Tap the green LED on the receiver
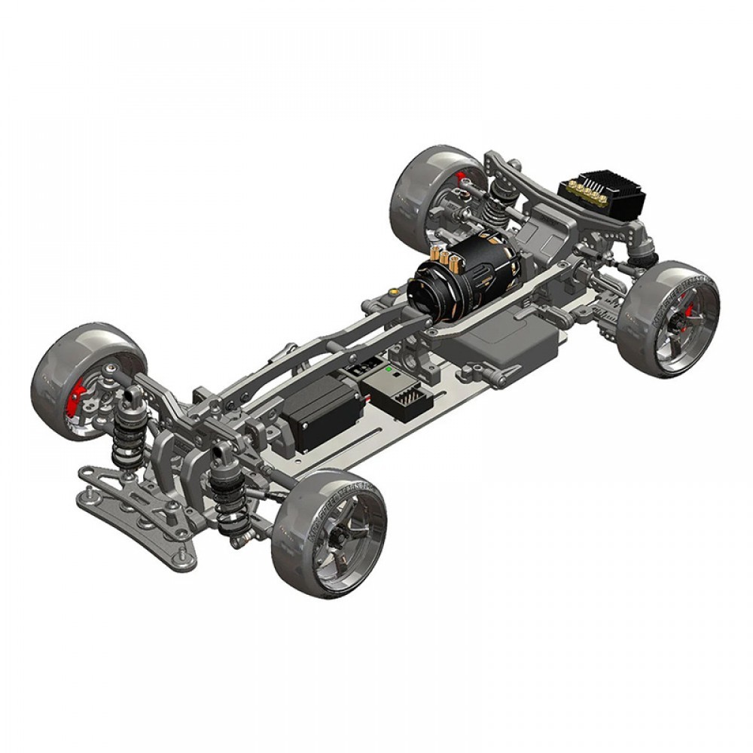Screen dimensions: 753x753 tap(387, 370)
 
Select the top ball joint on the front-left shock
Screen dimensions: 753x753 tap(133, 395)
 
